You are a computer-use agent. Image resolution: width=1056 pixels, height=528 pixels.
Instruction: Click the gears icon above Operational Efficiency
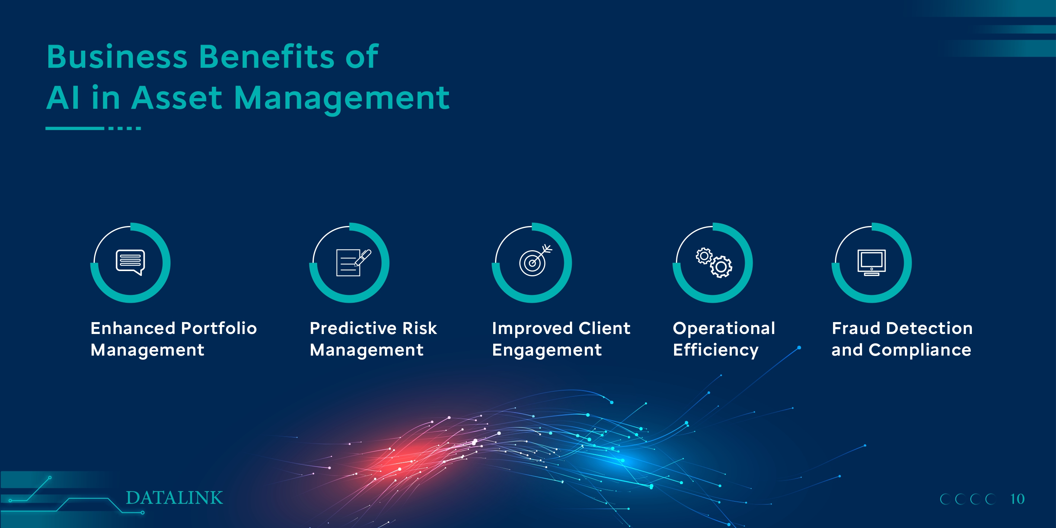pos(714,263)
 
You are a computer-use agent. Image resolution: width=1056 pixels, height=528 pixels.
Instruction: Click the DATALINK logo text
pos(174,498)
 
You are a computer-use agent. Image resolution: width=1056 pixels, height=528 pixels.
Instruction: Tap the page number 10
pos(1017,499)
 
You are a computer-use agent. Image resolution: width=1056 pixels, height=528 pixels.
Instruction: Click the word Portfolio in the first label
pos(219,328)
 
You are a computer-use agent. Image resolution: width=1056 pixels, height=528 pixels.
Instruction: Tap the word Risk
pos(420,328)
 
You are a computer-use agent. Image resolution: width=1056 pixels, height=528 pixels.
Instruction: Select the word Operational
pos(724,328)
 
